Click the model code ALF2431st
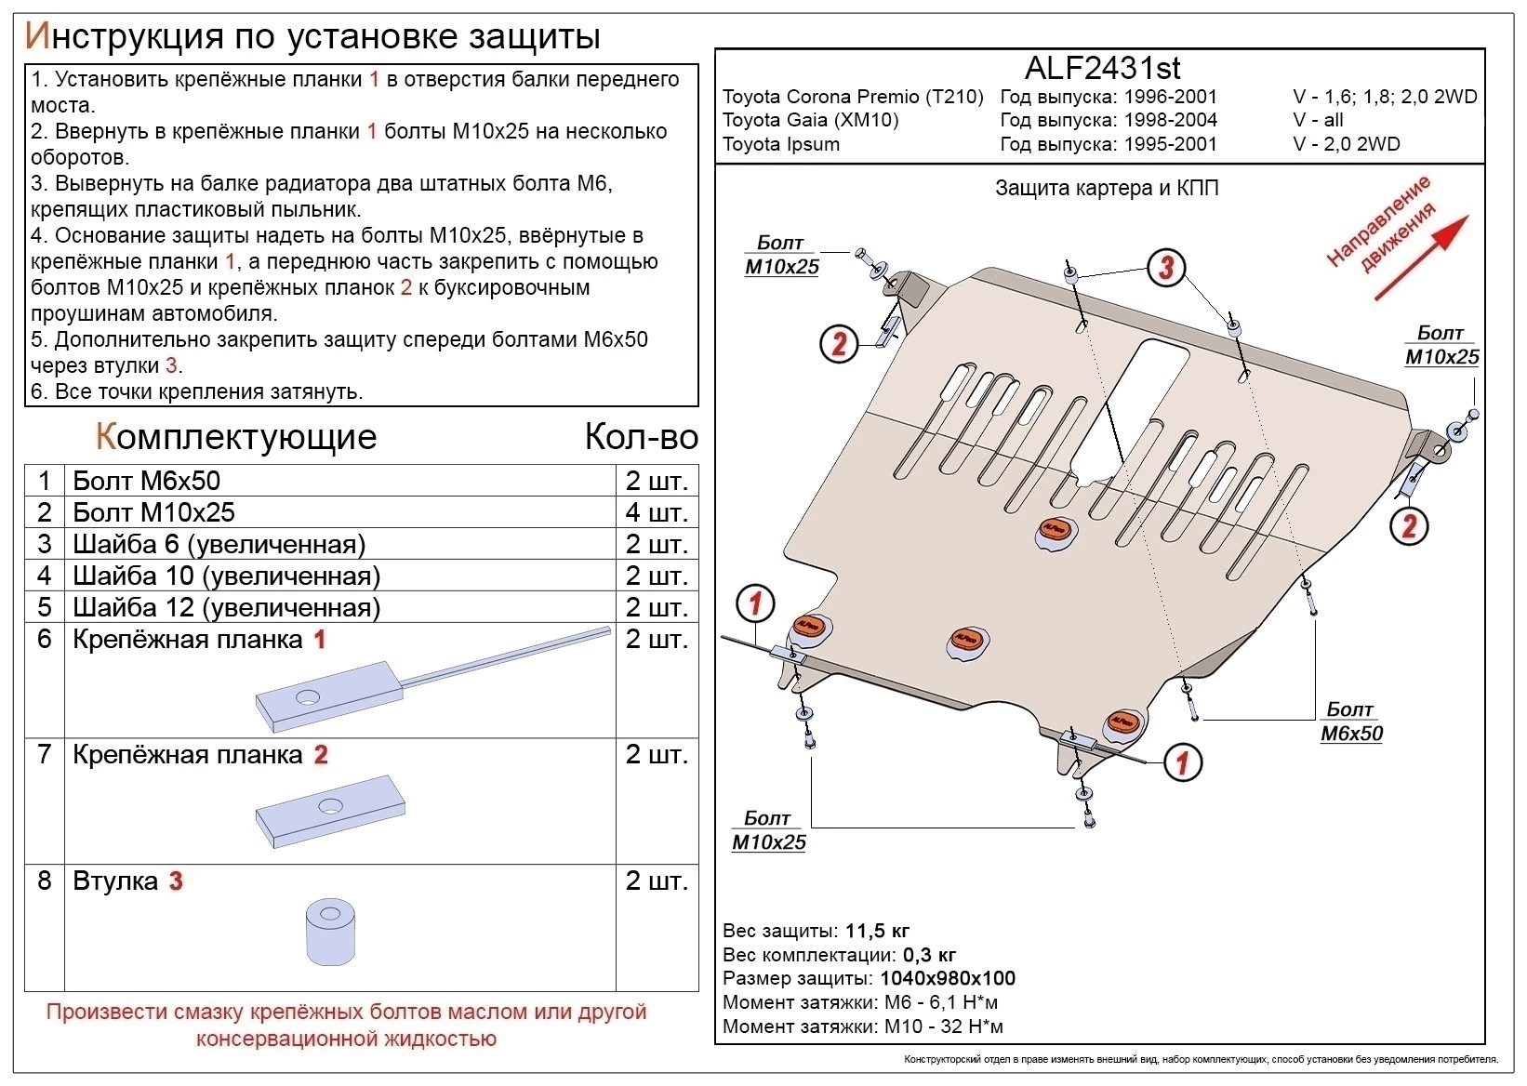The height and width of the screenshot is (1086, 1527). pyautogui.click(x=1102, y=68)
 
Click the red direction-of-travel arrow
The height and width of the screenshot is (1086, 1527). pyautogui.click(x=1422, y=258)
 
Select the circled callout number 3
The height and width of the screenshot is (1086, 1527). pyautogui.click(x=1166, y=268)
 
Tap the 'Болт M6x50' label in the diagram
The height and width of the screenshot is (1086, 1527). pyautogui.click(x=1350, y=722)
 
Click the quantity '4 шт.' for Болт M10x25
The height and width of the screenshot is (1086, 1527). pyautogui.click(x=657, y=512)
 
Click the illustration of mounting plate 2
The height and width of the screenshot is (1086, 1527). pyautogui.click(x=330, y=812)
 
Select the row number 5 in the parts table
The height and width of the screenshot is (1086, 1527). pyautogui.click(x=44, y=607)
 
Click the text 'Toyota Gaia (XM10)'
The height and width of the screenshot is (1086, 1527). pyautogui.click(x=810, y=120)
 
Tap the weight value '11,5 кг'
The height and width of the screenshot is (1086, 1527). pyautogui.click(x=877, y=931)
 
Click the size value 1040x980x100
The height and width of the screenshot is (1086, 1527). pyautogui.click(x=947, y=978)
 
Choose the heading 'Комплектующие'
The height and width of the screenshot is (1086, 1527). pyautogui.click(x=236, y=437)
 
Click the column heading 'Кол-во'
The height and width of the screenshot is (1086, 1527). pyautogui.click(x=641, y=437)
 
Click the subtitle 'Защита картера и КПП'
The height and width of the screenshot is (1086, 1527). pyautogui.click(x=1106, y=189)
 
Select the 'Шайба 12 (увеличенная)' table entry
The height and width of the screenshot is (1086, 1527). pyautogui.click(x=226, y=607)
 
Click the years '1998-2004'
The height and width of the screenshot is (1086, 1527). pyautogui.click(x=1170, y=120)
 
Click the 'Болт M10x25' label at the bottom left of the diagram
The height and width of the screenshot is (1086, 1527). pyautogui.click(x=768, y=830)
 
